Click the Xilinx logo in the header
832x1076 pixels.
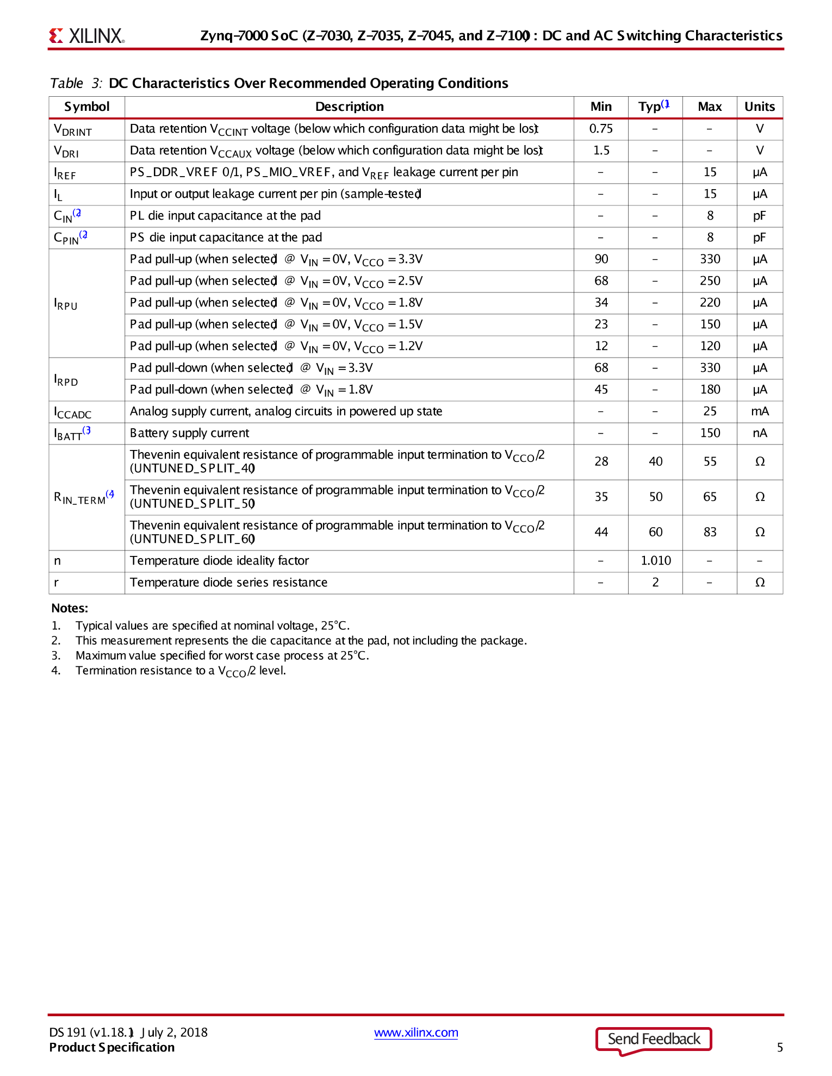(87, 36)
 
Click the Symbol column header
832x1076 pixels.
(87, 107)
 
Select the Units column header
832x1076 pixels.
(759, 107)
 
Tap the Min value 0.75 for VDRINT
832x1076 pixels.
(601, 129)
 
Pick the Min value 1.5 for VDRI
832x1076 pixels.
(601, 151)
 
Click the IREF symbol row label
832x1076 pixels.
(65, 173)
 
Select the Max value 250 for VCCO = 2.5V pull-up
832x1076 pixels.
(710, 281)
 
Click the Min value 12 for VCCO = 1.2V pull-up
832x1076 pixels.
(601, 346)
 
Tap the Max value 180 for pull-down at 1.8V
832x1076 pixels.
(710, 390)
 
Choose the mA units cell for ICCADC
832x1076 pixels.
(760, 411)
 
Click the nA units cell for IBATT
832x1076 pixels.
(760, 433)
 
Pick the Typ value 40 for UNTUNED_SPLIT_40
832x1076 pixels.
(655, 461)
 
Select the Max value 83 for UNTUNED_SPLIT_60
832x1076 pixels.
(710, 532)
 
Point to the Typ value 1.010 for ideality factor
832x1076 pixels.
(655, 560)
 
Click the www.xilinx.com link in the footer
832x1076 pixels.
(416, 1033)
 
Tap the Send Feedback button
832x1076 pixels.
(654, 1039)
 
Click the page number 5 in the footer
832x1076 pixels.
(780, 1047)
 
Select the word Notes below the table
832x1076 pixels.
(70, 608)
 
